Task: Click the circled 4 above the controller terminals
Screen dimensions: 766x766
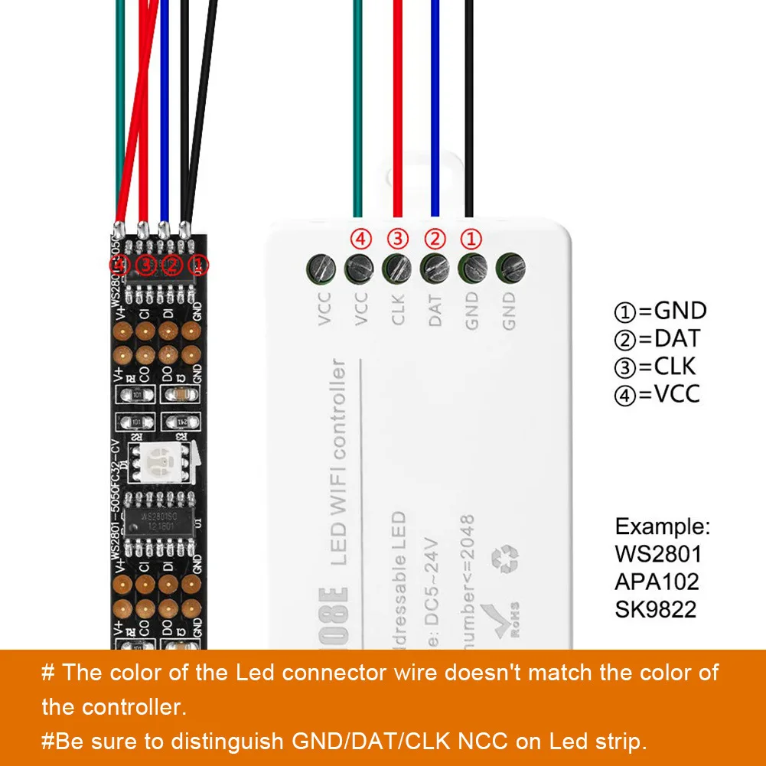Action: point(361,240)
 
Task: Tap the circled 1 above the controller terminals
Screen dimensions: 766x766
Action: point(471,240)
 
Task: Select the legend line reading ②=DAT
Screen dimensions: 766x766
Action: point(657,338)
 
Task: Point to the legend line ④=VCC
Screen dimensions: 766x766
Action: point(657,393)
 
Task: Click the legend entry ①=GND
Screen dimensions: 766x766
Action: point(660,311)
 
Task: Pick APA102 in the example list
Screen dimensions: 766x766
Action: point(657,581)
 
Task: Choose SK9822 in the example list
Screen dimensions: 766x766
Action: point(657,608)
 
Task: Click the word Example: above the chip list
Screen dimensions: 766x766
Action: point(663,526)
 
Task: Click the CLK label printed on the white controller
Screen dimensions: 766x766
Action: point(398,311)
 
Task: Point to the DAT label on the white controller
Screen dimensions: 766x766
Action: point(435,311)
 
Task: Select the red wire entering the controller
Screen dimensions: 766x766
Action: point(396,107)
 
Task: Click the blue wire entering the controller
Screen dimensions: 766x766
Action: point(435,107)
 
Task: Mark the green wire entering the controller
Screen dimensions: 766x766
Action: point(357,107)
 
